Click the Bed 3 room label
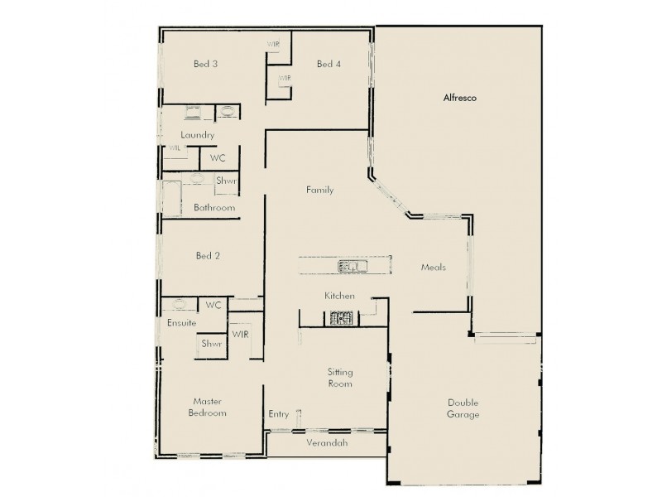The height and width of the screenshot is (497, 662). click(x=205, y=64)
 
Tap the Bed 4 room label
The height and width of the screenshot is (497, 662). click(x=329, y=64)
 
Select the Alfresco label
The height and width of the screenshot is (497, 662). click(x=458, y=98)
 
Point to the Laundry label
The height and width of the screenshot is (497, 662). click(x=198, y=135)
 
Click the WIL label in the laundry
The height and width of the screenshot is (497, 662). click(x=175, y=148)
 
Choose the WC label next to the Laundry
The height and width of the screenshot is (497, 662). click(x=218, y=157)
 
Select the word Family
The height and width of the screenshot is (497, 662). click(x=319, y=190)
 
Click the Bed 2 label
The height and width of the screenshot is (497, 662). click(x=207, y=256)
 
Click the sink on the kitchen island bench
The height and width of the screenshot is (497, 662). click(x=353, y=266)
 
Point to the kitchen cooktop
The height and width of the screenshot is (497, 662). click(x=341, y=316)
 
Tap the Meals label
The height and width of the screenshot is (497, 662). click(x=434, y=268)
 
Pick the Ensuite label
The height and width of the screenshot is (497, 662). click(x=182, y=322)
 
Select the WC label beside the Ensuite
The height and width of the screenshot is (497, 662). click(x=213, y=305)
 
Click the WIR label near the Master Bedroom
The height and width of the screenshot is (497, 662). click(x=240, y=335)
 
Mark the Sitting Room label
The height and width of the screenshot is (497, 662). click(x=340, y=378)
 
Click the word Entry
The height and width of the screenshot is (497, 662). click(x=279, y=414)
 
